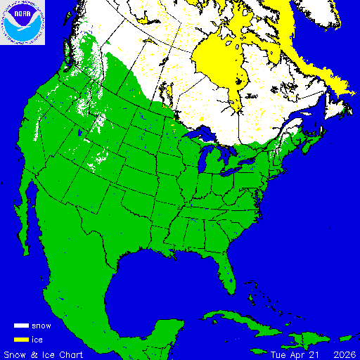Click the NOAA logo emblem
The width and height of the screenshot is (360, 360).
point(23,23)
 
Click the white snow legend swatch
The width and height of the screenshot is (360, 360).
point(21,326)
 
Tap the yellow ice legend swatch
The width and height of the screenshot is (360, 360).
point(21,339)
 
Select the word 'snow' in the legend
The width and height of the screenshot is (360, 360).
point(41,326)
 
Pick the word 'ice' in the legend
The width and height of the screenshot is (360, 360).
point(37,340)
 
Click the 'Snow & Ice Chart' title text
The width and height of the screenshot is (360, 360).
point(44,353)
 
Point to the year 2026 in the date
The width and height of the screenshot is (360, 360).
point(344,353)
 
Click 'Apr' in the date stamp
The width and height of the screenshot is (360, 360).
point(296,353)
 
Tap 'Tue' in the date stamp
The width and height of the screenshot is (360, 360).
point(278,353)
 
